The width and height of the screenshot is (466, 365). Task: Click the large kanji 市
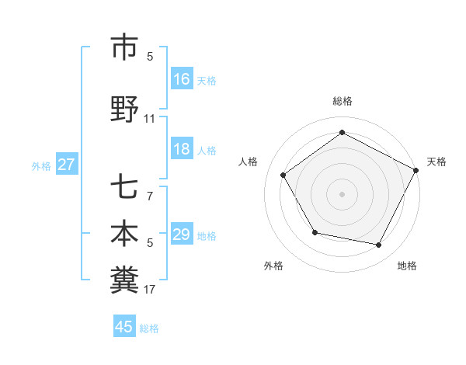click(x=124, y=48)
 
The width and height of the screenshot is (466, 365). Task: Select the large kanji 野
click(x=124, y=110)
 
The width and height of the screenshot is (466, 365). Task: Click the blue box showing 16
click(x=182, y=79)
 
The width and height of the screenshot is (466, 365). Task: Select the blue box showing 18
click(x=182, y=149)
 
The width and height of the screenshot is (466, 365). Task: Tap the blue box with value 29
click(x=182, y=235)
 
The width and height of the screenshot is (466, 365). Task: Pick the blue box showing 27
click(x=67, y=165)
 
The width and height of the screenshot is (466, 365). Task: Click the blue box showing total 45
click(x=124, y=327)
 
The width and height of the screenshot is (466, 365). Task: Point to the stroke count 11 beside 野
click(x=150, y=119)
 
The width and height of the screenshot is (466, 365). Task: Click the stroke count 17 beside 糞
click(x=150, y=290)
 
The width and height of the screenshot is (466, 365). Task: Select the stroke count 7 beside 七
click(x=150, y=196)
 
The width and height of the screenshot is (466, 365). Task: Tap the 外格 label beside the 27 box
click(x=41, y=165)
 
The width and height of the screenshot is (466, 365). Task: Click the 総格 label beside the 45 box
click(x=149, y=328)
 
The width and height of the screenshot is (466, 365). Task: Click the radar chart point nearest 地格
click(x=379, y=245)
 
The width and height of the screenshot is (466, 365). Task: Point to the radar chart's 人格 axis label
click(x=249, y=162)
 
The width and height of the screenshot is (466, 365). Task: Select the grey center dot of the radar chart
click(x=342, y=193)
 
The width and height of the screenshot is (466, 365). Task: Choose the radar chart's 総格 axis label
click(x=342, y=102)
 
